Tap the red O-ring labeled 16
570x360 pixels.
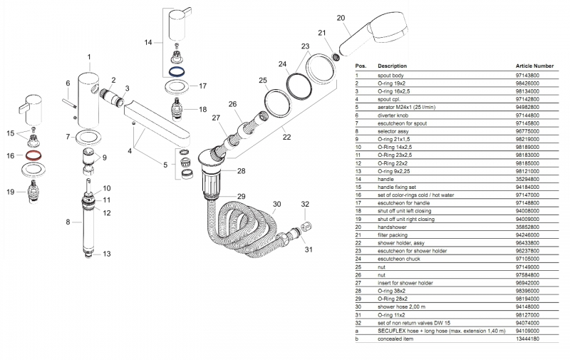click(x=32, y=155)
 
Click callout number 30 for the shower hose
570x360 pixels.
click(x=276, y=205)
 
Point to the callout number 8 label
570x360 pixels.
click(x=68, y=222)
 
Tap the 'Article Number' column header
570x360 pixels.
click(x=534, y=65)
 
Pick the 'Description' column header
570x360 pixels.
click(x=392, y=65)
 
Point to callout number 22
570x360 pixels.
click(x=287, y=136)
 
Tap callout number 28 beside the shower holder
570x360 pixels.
click(x=241, y=171)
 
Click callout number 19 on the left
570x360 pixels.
click(x=11, y=192)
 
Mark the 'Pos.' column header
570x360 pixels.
click(x=361, y=65)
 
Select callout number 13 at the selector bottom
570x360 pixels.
click(x=107, y=254)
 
